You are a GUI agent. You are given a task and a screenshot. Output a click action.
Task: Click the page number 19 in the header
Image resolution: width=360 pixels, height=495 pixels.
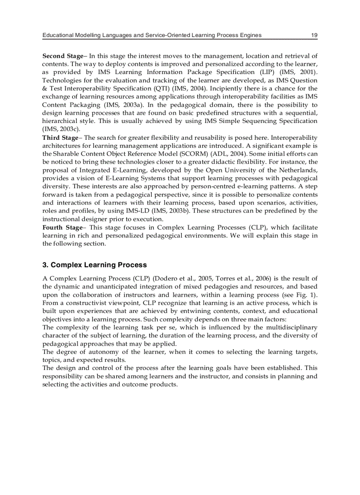pyautogui.click(x=314, y=35)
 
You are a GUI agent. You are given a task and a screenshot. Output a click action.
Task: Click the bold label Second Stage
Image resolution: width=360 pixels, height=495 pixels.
pyautogui.click(x=62, y=56)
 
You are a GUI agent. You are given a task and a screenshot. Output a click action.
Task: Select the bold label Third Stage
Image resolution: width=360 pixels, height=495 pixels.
pyautogui.click(x=60, y=138)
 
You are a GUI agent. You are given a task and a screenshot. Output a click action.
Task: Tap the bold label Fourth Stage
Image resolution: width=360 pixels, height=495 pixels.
pyautogui.click(x=62, y=227)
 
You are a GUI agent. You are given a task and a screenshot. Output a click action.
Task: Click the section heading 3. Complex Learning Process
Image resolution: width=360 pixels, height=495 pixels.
pyautogui.click(x=94, y=265)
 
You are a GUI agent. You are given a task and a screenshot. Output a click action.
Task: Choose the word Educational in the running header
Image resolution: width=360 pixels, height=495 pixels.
pyautogui.click(x=59, y=35)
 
